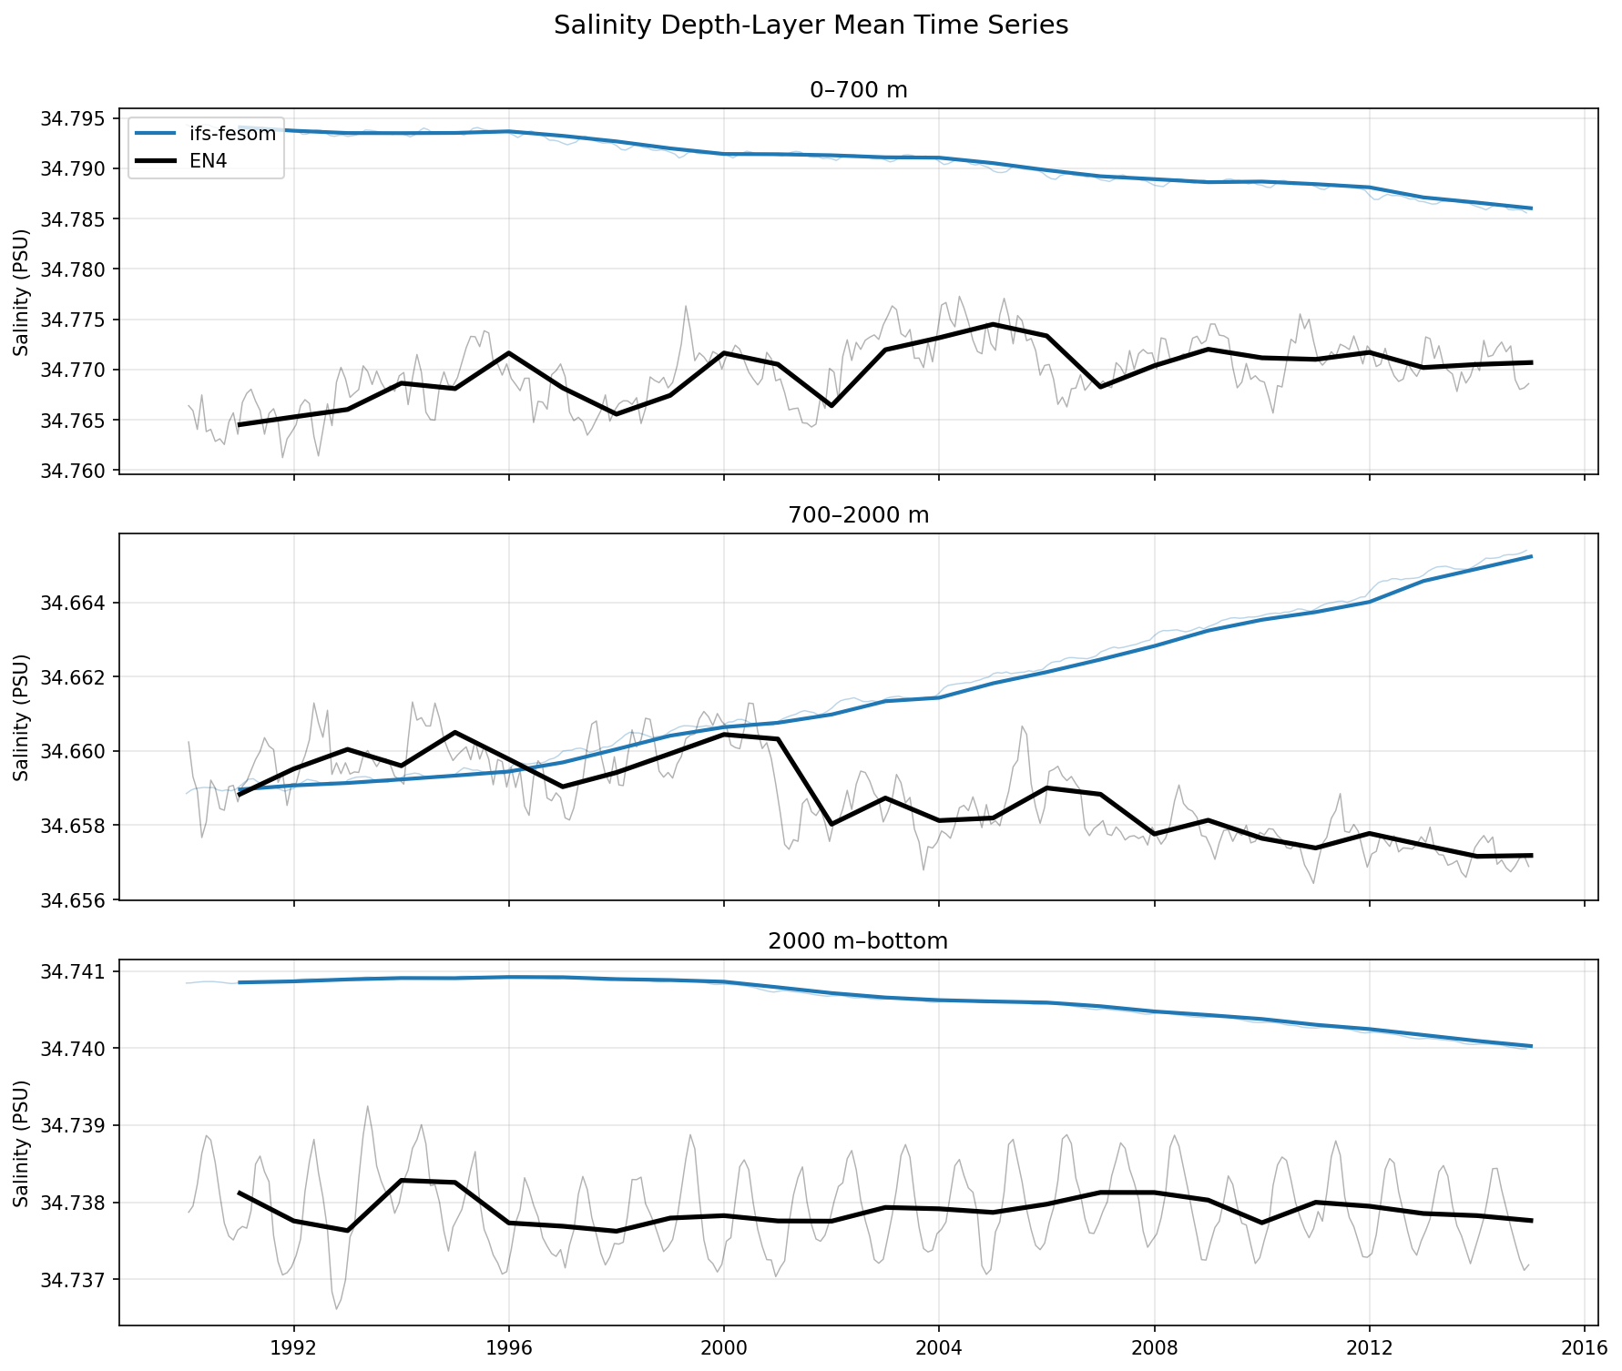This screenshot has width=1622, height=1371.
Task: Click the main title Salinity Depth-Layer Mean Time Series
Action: pyautogui.click(x=811, y=25)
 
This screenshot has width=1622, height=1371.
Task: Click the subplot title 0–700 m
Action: pyautogui.click(x=859, y=89)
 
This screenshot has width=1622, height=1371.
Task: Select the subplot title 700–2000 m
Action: pyautogui.click(x=859, y=515)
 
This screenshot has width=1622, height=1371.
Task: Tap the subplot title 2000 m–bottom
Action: pyautogui.click(x=859, y=941)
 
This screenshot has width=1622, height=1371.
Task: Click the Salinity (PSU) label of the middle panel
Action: pyautogui.click(x=22, y=717)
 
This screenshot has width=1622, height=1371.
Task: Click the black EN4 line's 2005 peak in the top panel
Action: pyautogui.click(x=993, y=324)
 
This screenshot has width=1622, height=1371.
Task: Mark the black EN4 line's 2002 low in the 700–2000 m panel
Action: pyautogui.click(x=831, y=824)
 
